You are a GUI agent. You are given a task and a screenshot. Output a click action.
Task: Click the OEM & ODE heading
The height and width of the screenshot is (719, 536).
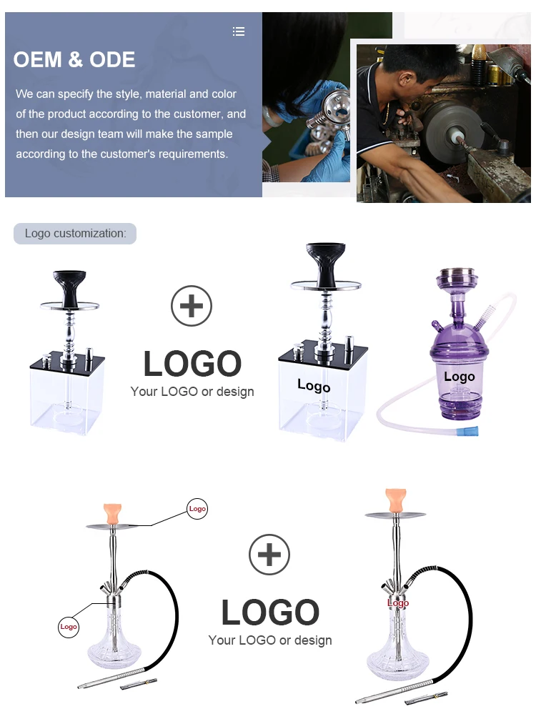tap(74, 59)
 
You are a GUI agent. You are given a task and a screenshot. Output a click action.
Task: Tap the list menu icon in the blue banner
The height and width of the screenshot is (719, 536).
tap(239, 31)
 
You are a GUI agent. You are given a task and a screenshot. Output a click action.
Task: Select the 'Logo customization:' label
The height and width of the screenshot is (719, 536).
tap(75, 234)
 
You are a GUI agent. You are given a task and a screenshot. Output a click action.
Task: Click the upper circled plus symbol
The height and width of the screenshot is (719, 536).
tap(192, 307)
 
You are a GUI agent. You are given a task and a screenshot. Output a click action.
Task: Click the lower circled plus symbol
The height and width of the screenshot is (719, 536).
tap(269, 555)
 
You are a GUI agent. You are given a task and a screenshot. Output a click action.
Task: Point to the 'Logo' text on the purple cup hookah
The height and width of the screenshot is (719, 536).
tap(459, 377)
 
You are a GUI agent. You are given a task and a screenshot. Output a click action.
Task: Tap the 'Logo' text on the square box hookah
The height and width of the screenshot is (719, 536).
tap(314, 386)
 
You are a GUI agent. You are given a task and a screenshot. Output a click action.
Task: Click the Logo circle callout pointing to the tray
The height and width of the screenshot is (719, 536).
tap(197, 509)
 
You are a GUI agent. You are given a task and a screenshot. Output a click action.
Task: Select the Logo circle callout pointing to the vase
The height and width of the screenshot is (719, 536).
tap(69, 627)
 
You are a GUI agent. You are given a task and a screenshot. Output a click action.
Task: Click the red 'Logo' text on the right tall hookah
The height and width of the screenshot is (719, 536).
tap(398, 603)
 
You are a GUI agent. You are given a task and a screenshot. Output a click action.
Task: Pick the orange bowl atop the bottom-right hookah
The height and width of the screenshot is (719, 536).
tap(394, 498)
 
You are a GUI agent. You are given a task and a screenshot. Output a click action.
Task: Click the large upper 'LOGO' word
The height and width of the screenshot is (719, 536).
tap(192, 364)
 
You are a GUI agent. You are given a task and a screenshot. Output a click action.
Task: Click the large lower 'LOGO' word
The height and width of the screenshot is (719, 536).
tap(269, 613)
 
